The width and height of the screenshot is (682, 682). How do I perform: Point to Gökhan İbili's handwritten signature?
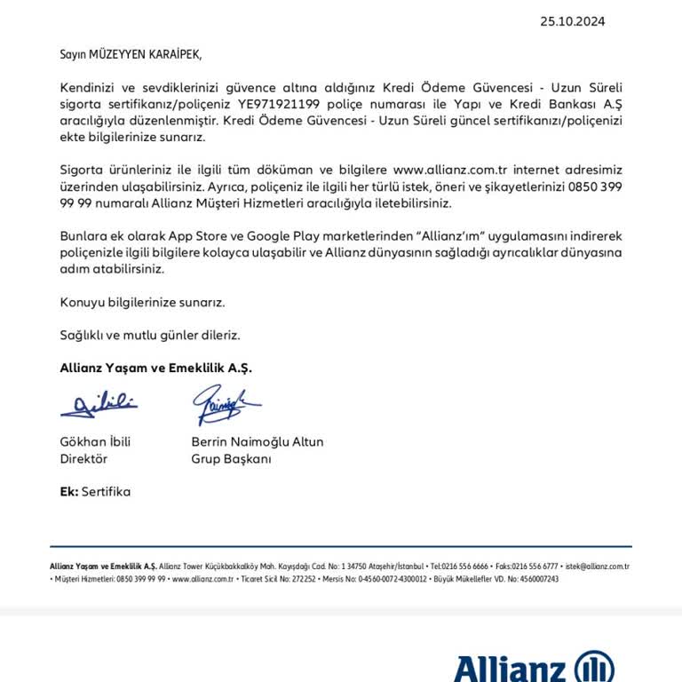click(99, 405)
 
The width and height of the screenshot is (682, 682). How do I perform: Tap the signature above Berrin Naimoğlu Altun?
click(225, 405)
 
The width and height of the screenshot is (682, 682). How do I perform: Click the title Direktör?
click(83, 459)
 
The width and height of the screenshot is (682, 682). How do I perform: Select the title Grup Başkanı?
click(231, 459)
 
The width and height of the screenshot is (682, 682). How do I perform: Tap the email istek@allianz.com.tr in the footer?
click(597, 566)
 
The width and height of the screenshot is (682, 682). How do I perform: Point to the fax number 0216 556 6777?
click(537, 566)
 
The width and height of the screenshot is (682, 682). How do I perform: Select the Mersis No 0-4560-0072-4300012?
click(383, 578)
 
